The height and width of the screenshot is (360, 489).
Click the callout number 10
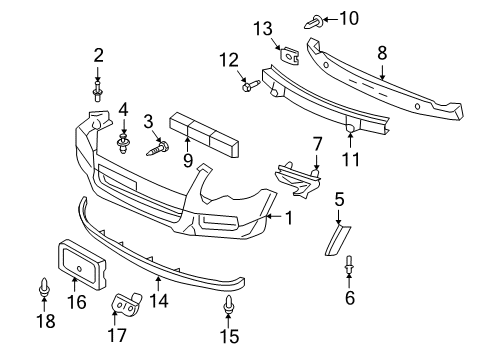[x=349, y=18]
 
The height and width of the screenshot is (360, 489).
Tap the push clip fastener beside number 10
[x=314, y=22]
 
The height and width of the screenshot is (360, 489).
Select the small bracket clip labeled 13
[x=289, y=55]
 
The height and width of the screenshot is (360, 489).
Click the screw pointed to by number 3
[x=158, y=148]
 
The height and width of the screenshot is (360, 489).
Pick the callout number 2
[x=98, y=56]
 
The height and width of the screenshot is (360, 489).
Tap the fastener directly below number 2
[x=97, y=90]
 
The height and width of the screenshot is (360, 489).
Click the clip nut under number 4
[x=123, y=144]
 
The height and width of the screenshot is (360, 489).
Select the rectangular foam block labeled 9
[x=204, y=134]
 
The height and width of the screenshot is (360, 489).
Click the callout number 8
[x=382, y=53]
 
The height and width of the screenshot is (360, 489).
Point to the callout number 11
[x=351, y=159]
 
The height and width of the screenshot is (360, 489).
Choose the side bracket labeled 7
[x=298, y=179]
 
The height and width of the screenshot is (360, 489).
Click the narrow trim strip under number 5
[x=337, y=240]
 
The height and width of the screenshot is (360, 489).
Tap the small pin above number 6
[x=349, y=265]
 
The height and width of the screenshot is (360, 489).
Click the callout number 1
[x=289, y=218]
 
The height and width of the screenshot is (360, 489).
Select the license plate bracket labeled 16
[x=83, y=265]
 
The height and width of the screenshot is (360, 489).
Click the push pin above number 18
[x=44, y=287]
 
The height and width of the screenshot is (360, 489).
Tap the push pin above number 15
[x=228, y=305]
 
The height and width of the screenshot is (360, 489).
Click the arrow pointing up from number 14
[x=159, y=284]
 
